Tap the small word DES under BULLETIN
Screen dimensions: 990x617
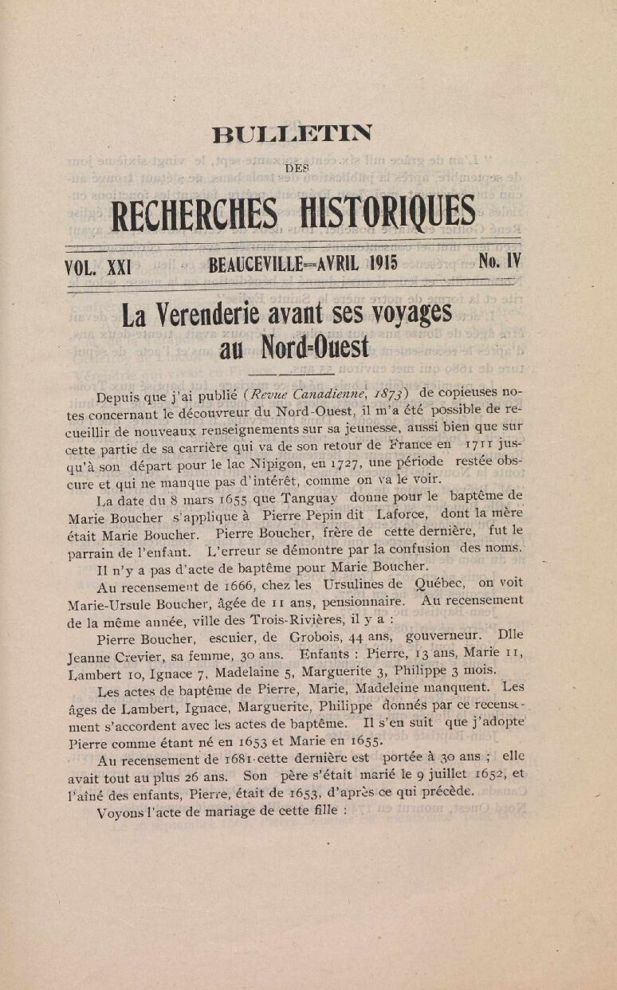(x=296, y=168)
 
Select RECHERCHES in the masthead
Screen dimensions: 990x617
(x=195, y=213)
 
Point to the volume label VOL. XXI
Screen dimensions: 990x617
(x=98, y=266)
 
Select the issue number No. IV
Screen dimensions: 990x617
(x=500, y=261)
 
